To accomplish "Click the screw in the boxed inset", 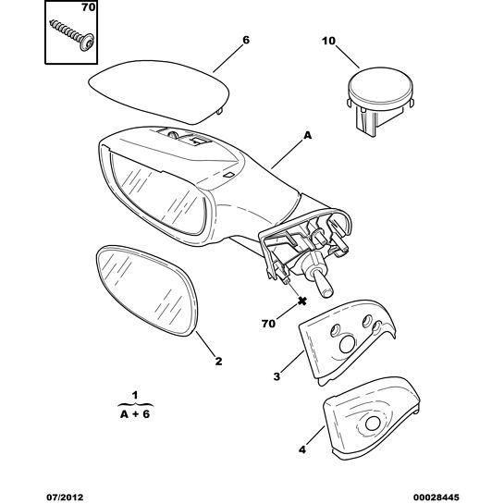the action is pos(72,35).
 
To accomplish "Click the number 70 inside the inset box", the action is pos(89,7).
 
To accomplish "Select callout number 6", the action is pos(246,40).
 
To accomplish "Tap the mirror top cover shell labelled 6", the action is pos(159,92).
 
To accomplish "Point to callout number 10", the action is pos(328,41).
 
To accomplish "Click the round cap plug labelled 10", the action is pos(380,100).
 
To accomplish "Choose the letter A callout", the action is pos(308,136).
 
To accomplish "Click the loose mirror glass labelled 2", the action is pos(147,290).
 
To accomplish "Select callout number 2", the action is pos(218,362).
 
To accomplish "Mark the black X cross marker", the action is pos(301,301).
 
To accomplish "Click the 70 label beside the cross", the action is pos(268,324).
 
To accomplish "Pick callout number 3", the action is pos(277,376).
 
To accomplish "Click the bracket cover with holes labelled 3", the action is pos(347,342).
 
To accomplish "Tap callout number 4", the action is pos(302,449).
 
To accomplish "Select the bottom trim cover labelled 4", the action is pos(371,418).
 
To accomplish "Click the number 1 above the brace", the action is pos(135,395).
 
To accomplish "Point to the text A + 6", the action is pos(135,414).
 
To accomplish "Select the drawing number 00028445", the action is pos(436,498).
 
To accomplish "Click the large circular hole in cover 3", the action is pos(348,344).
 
